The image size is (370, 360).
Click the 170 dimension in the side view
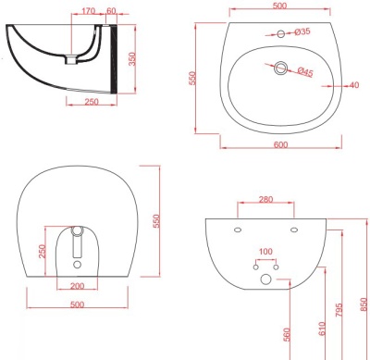(87, 12)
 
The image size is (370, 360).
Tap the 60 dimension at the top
(111, 12)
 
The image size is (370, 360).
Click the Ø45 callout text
(305, 71)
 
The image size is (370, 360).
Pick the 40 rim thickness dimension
(353, 86)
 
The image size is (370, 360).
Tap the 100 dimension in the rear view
(265, 252)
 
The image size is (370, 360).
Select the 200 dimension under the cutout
(78, 287)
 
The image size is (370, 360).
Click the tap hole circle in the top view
(281, 34)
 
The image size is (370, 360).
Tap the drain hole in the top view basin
(281, 68)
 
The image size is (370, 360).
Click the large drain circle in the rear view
(265, 279)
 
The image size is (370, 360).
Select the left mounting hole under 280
(238, 230)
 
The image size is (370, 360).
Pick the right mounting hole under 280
(293, 230)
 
